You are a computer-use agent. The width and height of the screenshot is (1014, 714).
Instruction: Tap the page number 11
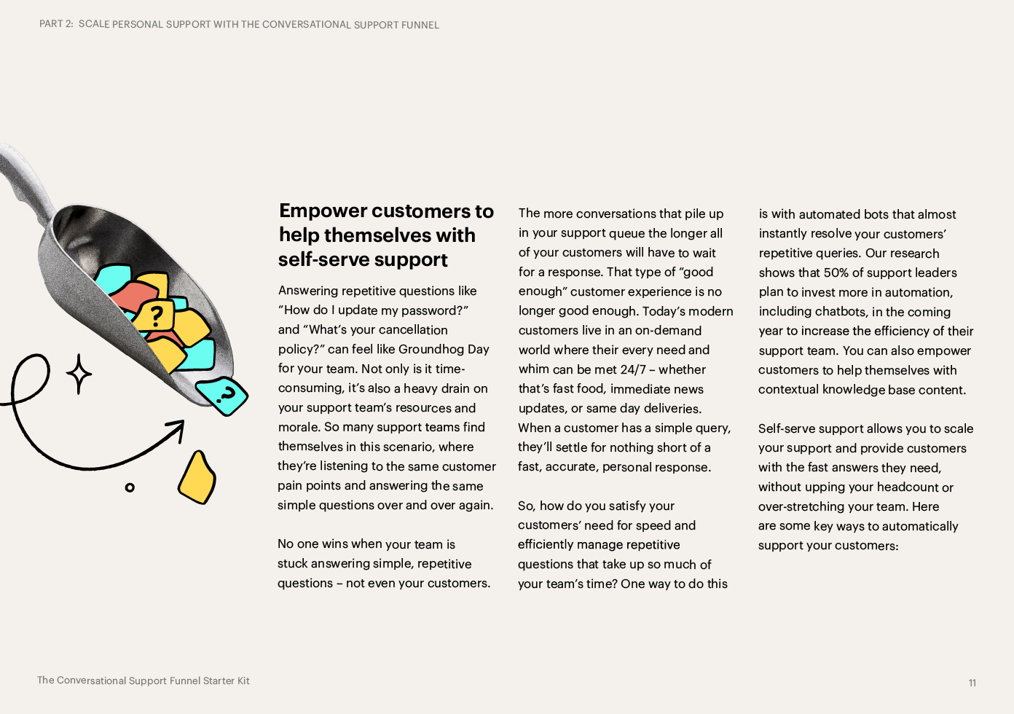click(972, 683)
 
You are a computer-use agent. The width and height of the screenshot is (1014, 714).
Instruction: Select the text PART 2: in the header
click(56, 24)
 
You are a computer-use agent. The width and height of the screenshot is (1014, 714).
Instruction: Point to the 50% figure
click(836, 273)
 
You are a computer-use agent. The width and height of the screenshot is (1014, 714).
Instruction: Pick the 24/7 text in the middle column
click(633, 370)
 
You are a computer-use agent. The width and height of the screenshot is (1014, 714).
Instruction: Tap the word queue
click(627, 233)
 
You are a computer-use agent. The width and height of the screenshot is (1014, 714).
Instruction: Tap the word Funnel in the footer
click(184, 681)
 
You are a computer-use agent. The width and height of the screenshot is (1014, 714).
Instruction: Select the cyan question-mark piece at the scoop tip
click(223, 396)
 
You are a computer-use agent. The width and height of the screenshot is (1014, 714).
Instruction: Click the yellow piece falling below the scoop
click(197, 477)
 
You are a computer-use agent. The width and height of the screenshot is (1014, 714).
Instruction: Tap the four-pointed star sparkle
click(79, 374)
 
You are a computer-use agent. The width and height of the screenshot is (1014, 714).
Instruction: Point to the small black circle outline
click(130, 487)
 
